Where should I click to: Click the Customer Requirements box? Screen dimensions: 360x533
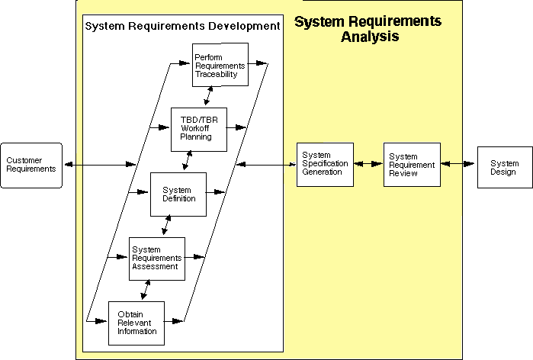31,165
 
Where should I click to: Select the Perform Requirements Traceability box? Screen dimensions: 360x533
220,65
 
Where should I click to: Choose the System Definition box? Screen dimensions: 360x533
178,194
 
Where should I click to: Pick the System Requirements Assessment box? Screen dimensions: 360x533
156,258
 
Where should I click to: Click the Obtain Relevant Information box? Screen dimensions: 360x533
136,323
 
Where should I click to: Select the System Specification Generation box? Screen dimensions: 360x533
325,164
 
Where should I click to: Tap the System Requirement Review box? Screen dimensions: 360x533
412,164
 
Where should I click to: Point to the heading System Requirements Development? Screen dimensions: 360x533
182,26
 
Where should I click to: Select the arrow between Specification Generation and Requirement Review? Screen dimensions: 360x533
368,164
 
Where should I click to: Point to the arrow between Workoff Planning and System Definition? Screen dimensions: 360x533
187,161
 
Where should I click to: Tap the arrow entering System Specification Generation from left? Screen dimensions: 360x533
267,164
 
